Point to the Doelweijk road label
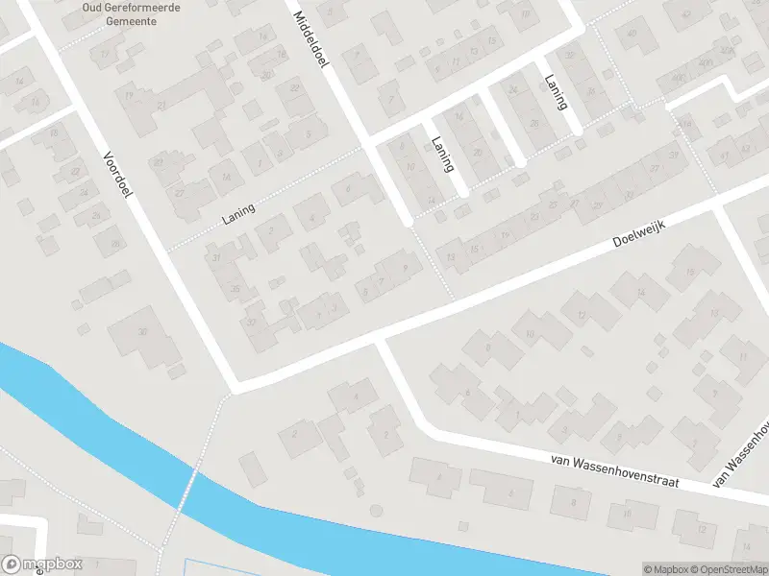pyautogui.click(x=639, y=231)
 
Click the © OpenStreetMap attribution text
pyautogui.click(x=727, y=569)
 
